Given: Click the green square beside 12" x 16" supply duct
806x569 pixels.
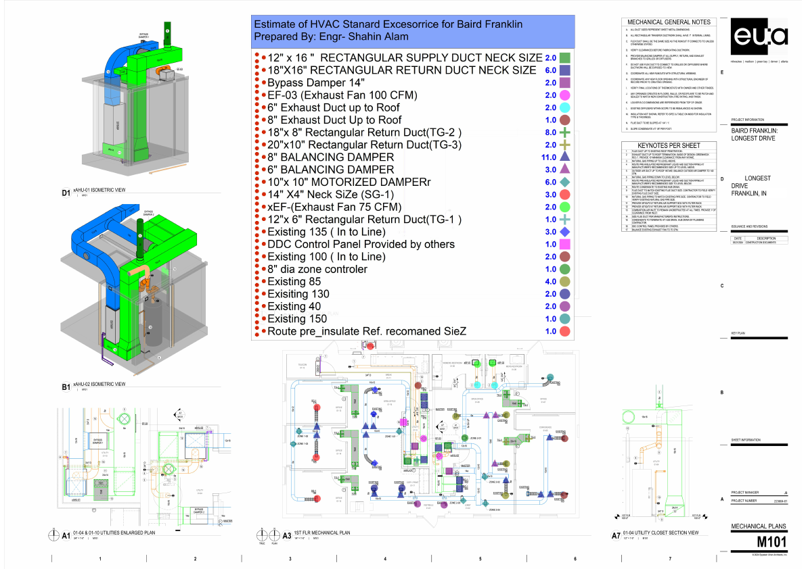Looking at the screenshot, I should pos(566,58).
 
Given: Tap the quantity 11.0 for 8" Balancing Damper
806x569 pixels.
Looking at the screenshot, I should pos(550,157).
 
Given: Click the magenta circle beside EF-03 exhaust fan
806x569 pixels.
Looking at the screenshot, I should pos(566,95).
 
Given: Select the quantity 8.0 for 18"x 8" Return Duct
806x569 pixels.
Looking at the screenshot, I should pos(550,132).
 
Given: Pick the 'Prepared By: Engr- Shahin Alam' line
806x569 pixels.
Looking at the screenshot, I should pos(331,36).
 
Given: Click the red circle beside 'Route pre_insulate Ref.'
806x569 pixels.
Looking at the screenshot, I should pos(566,331).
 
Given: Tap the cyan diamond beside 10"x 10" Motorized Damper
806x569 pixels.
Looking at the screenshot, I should pos(566,182).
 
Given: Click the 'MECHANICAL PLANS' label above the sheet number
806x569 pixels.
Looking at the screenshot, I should pos(759,526).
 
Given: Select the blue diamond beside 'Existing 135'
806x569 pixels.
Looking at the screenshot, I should pos(566,232).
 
